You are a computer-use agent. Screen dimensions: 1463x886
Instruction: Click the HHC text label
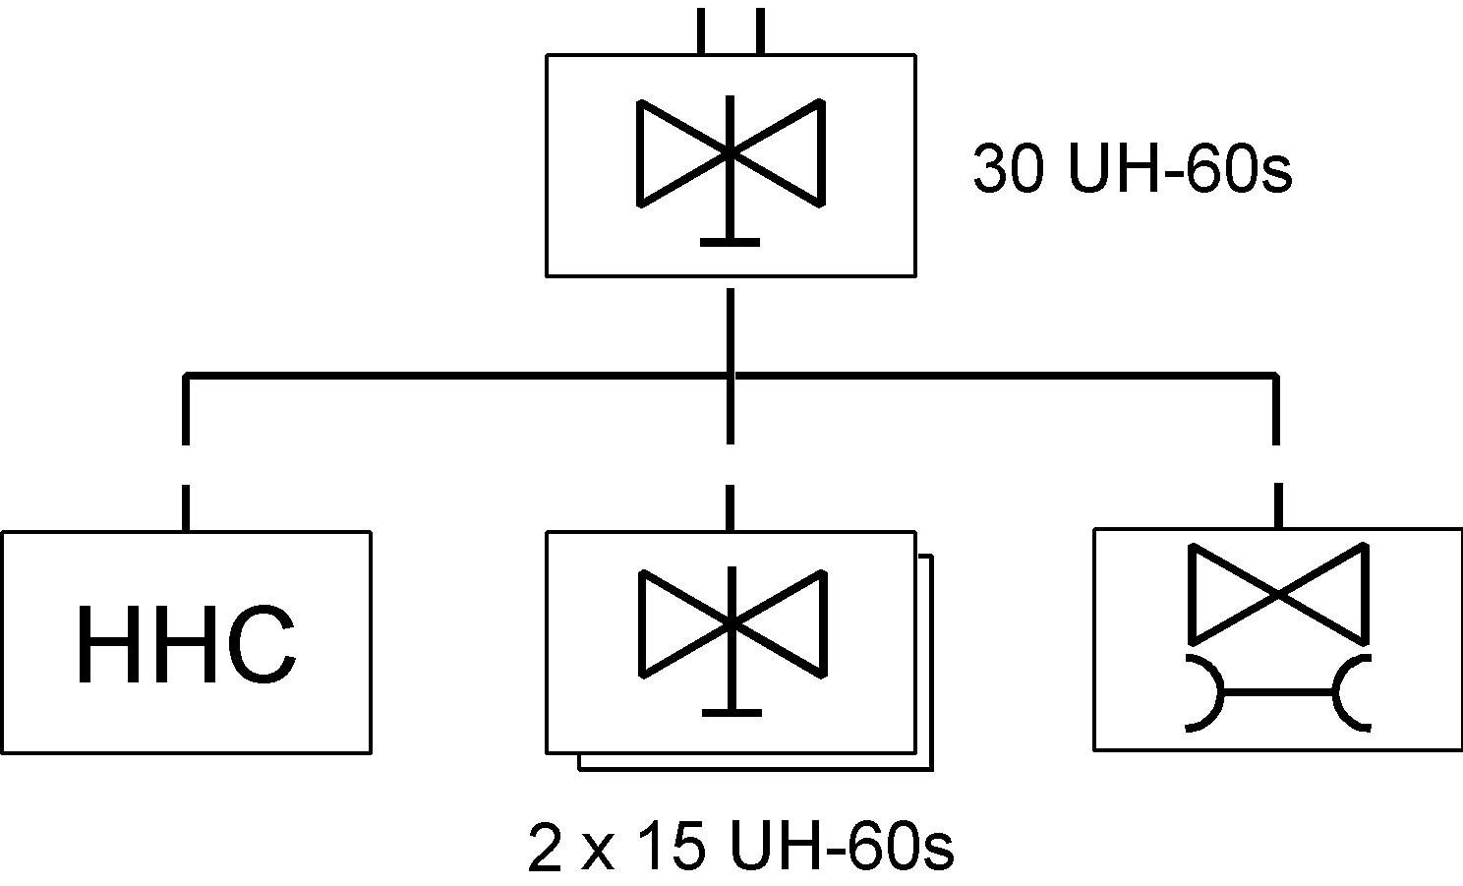[187, 644]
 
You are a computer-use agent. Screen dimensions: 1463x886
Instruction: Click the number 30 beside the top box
[1008, 168]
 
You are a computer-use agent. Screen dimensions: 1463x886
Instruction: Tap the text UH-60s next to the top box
[1180, 168]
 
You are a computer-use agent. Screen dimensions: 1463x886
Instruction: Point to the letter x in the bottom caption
[598, 852]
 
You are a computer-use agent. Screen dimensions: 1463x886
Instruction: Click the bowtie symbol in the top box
[731, 153]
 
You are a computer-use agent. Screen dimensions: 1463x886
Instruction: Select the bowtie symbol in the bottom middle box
[732, 624]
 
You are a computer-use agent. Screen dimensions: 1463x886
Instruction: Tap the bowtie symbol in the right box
[1278, 594]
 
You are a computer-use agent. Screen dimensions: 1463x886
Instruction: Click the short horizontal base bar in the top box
[731, 243]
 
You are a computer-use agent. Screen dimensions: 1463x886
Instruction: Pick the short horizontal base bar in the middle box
[732, 713]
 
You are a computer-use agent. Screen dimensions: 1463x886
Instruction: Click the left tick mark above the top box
[701, 30]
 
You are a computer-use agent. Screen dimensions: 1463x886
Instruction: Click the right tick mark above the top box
[760, 30]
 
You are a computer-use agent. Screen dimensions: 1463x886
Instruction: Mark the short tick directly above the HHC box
[186, 507]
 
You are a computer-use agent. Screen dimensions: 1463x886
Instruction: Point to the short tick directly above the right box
[1278, 505]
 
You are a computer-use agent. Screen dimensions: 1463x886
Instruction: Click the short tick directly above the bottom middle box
[731, 507]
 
